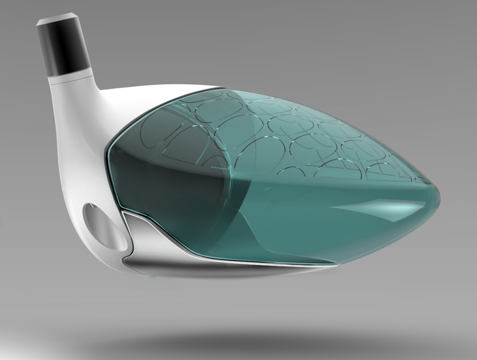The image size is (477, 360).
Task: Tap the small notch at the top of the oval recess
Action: point(91,205)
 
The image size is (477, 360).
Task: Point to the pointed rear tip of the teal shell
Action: point(440,194)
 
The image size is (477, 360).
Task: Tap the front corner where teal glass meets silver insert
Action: point(123,212)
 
